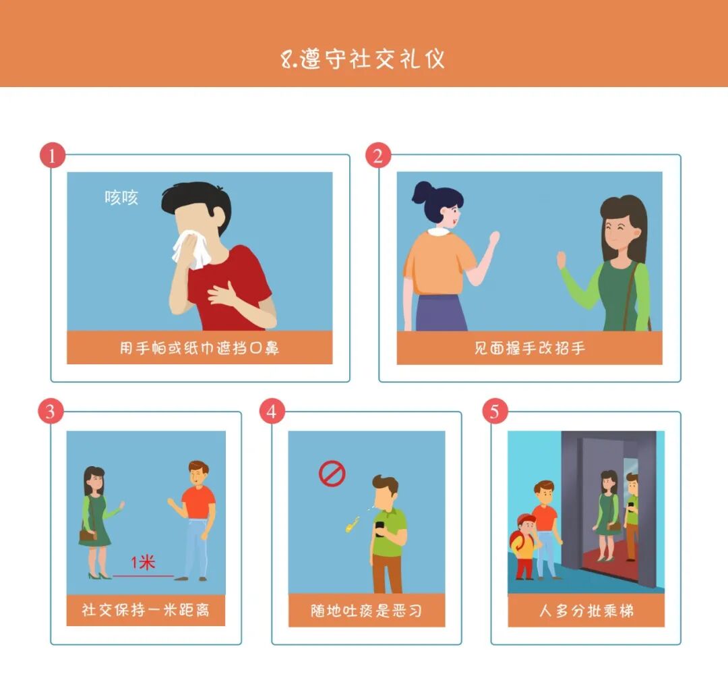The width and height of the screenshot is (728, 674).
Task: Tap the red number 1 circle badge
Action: (53, 156)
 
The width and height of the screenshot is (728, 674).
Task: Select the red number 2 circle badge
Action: (378, 156)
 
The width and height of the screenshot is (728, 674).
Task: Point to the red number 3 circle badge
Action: (51, 412)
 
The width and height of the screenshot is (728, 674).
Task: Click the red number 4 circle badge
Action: (272, 412)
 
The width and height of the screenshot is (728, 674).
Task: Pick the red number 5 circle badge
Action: (495, 412)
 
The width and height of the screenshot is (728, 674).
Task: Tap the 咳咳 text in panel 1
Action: (121, 198)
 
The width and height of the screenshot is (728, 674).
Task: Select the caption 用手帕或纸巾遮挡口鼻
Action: (200, 348)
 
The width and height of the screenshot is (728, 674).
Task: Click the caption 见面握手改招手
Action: (529, 348)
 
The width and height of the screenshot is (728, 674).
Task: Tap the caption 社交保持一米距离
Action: (146, 610)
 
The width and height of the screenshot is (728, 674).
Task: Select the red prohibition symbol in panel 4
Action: (332, 474)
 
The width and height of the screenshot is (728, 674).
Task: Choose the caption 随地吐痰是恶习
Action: (366, 611)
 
